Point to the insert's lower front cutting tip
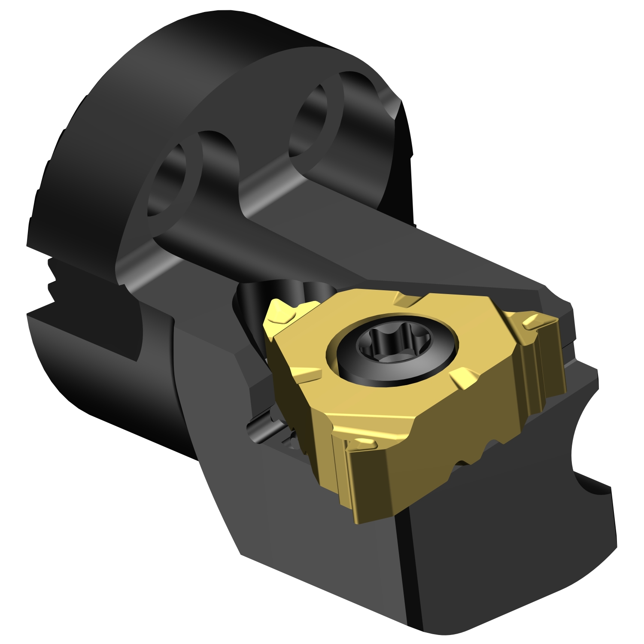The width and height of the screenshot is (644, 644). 361,444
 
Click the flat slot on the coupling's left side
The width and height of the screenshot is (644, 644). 86,339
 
